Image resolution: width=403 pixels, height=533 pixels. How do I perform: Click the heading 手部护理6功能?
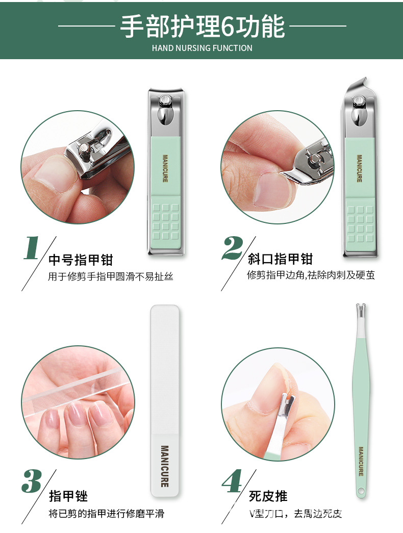202,26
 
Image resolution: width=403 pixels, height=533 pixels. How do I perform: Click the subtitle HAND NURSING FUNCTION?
202,48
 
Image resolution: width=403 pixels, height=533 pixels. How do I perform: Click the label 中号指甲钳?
80,260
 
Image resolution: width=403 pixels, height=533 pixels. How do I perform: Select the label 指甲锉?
68,496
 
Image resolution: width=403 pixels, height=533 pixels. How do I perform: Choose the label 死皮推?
268,496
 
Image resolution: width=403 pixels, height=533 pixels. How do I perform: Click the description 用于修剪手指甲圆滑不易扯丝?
111,277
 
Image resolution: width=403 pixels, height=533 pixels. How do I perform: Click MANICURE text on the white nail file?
164,466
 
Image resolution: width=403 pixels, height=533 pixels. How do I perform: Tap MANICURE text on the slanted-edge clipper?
359,168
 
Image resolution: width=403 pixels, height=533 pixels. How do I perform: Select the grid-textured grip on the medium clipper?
165,223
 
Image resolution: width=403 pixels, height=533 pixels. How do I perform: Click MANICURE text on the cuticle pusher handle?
361,462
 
